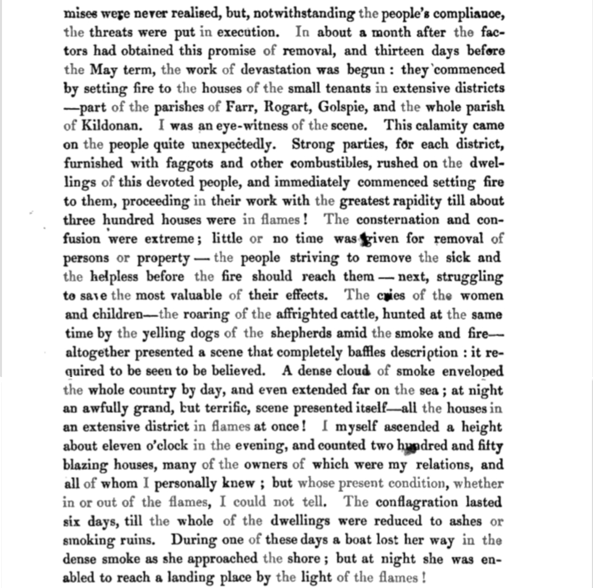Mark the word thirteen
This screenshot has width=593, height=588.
tap(399, 51)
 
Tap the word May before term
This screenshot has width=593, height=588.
tap(103, 70)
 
